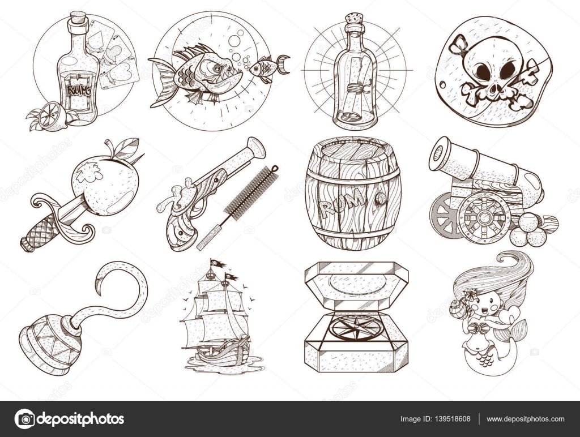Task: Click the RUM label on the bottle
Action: [78, 90]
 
